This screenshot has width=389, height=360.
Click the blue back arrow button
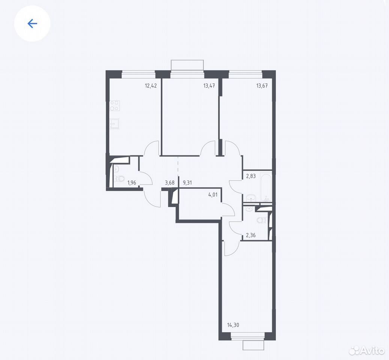tap(32, 24)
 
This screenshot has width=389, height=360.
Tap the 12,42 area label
tap(151, 86)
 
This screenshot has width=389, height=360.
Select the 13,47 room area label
tap(209, 86)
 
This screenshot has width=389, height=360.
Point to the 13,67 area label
tap(262, 86)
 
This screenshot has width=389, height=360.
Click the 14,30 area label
tap(233, 325)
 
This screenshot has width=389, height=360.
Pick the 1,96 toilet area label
tap(132, 183)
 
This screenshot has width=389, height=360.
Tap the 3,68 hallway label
tap(170, 183)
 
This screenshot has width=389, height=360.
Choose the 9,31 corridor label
tap(187, 183)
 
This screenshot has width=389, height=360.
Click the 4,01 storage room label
tap(213, 195)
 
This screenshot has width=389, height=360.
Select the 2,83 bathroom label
tap(251, 176)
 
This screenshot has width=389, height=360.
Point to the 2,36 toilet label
tap(251, 235)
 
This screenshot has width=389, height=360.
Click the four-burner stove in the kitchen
tap(115, 106)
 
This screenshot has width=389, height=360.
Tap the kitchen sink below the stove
tap(114, 123)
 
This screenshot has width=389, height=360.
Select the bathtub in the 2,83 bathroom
tap(266, 186)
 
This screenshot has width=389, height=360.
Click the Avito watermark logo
tap(366, 351)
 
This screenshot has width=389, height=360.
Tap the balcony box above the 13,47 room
tap(187, 65)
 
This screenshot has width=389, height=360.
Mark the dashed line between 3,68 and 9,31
tap(178, 165)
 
